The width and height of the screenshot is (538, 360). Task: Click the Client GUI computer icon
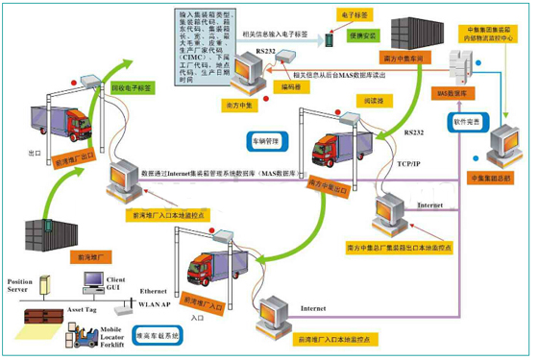[93, 282]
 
